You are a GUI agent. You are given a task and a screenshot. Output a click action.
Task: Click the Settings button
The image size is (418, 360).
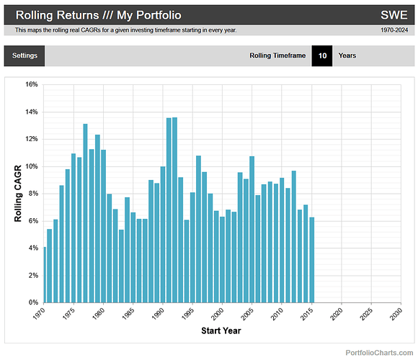pos(25,55)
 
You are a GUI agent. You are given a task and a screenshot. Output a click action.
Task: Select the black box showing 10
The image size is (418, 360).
pos(321,55)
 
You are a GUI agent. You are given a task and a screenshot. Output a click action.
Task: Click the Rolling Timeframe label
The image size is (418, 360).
pos(277,55)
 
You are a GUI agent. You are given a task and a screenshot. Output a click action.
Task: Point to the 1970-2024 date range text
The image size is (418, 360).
pos(396,30)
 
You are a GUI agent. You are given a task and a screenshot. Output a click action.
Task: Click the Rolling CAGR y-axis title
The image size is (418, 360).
pos(19,193)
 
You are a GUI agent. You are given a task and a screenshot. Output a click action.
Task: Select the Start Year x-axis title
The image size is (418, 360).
pos(221,331)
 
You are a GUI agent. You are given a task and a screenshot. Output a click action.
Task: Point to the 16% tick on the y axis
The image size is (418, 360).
pos(30,84)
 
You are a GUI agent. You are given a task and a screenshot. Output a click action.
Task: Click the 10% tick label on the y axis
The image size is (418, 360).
pos(30,166)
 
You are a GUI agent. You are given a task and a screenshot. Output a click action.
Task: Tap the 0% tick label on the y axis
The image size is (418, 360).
pos(32,302)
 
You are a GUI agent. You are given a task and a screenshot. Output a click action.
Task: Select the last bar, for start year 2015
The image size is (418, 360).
pos(311,260)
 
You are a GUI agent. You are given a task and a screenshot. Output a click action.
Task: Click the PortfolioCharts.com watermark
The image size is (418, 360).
pos(379,352)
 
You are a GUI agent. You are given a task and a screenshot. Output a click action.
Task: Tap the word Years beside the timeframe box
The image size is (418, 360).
pos(347,55)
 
